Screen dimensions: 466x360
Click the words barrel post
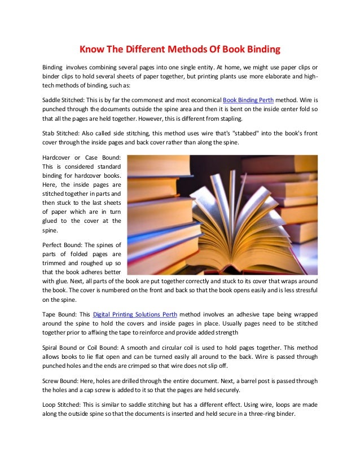[244, 378]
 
